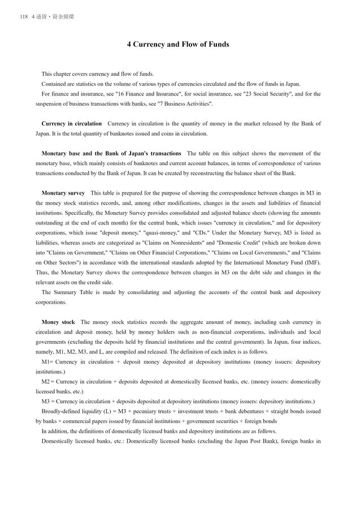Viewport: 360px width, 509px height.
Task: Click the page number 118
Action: pos(23,17)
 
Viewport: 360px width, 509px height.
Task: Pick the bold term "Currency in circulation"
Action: pos(72,124)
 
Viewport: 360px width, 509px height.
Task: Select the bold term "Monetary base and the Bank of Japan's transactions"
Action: pos(111,153)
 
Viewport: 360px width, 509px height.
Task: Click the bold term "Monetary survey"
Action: pos(63,193)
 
